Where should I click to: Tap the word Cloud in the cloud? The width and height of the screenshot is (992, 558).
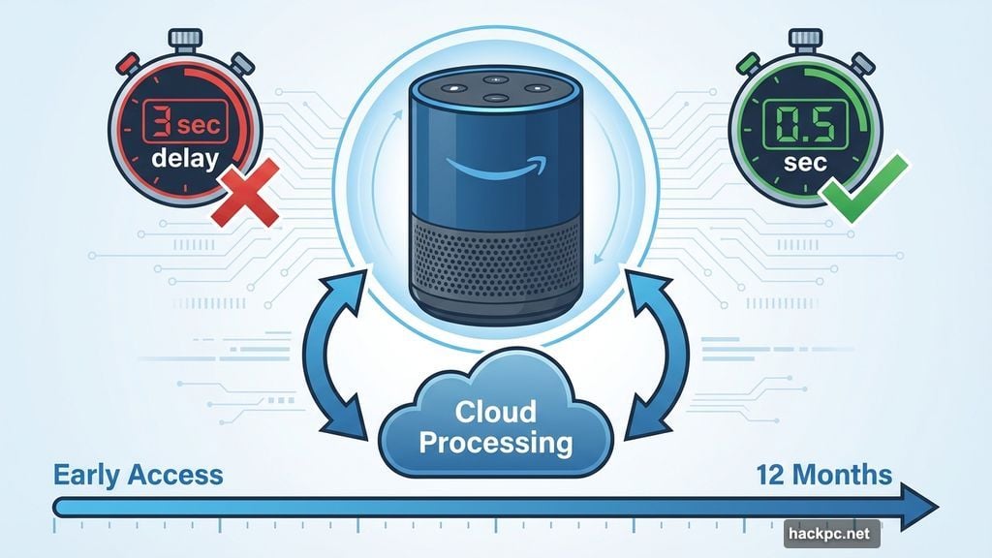(x=497, y=412)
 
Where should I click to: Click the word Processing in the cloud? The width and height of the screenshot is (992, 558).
(x=497, y=444)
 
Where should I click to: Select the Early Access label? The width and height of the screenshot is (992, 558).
(x=138, y=476)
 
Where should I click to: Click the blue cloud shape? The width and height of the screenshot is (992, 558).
(x=497, y=426)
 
